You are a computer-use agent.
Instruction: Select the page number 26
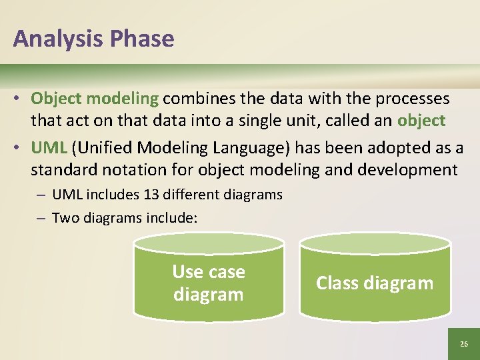tap(464, 344)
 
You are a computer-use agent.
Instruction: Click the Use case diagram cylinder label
tap(209, 283)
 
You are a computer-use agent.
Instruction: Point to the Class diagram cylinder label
tap(375, 283)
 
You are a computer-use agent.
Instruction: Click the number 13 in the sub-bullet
tap(151, 195)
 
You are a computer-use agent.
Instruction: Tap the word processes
tap(412, 99)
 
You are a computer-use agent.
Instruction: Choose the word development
tap(407, 169)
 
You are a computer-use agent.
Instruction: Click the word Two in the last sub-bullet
tap(63, 217)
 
